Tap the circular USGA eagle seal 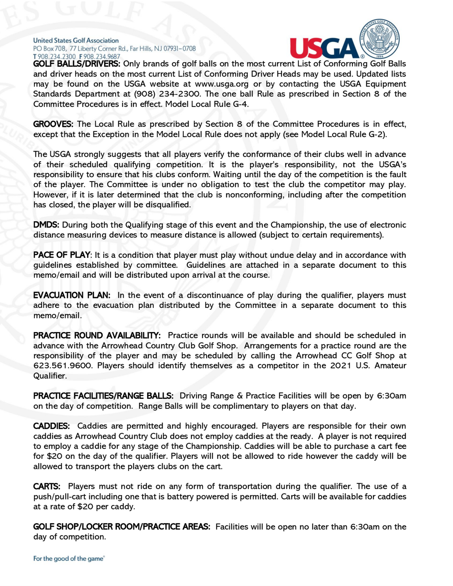[379, 39]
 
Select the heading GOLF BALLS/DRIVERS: [77, 64]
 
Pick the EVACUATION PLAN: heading [72, 295]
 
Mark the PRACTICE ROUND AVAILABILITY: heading [97, 335]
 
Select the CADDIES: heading [51, 426]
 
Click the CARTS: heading [47, 486]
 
